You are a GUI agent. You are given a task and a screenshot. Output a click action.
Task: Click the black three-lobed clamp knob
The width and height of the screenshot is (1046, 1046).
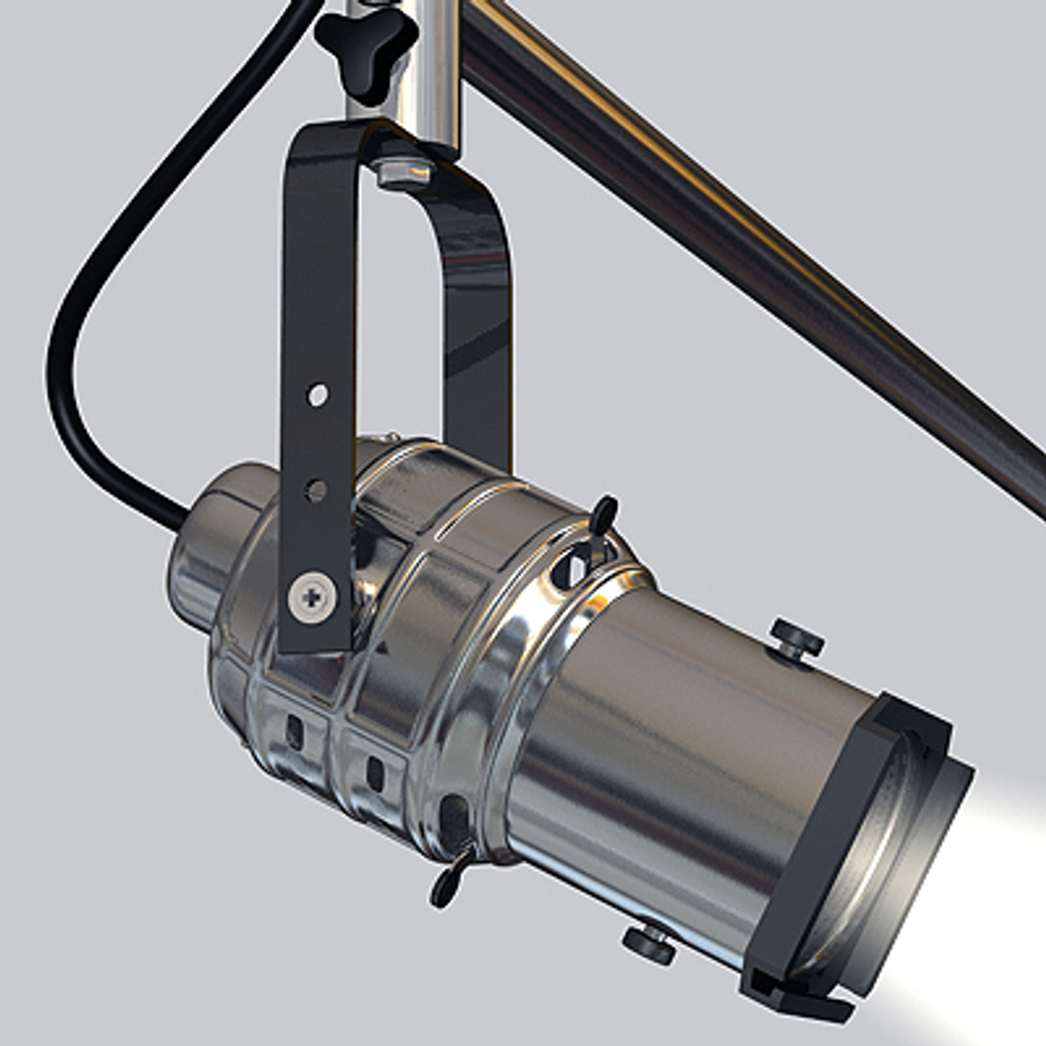tap(365, 49)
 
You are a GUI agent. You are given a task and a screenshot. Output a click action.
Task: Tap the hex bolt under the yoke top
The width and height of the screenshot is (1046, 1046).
tap(405, 173)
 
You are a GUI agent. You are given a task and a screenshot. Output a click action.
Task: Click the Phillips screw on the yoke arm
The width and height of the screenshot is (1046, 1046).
tap(313, 597)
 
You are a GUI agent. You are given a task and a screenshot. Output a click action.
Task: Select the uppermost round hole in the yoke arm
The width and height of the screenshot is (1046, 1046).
tap(318, 394)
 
